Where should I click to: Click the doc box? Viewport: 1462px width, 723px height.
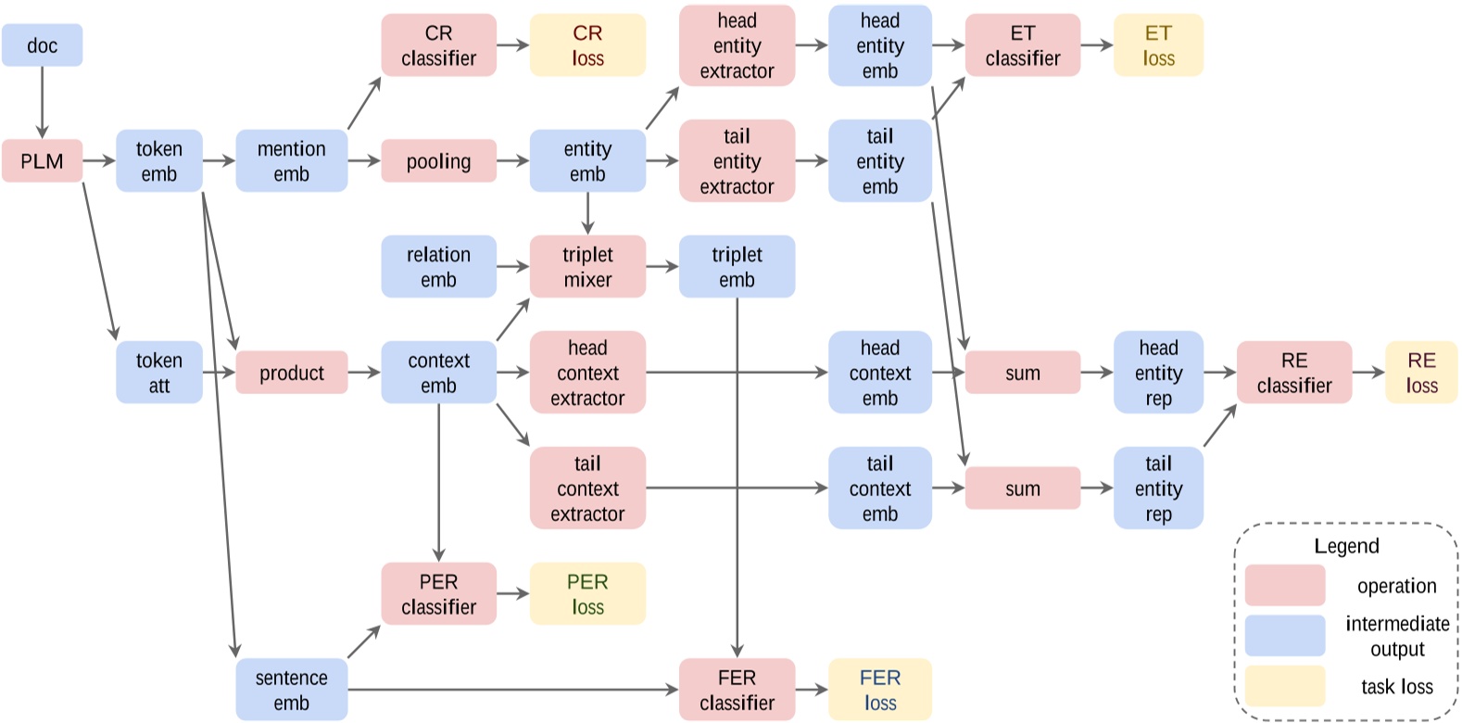click(x=42, y=45)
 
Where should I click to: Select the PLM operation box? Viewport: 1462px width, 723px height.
click(x=42, y=161)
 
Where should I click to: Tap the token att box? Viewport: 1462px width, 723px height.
click(x=158, y=373)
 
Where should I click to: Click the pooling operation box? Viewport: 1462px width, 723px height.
click(x=438, y=161)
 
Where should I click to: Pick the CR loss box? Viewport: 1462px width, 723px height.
click(x=587, y=45)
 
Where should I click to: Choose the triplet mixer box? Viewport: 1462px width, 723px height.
click(x=587, y=267)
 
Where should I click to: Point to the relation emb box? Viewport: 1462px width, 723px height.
click(x=438, y=267)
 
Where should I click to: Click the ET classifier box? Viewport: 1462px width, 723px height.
click(x=1022, y=45)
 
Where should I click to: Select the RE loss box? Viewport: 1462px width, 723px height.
click(x=1421, y=373)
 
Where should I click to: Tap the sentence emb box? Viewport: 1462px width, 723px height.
click(x=291, y=690)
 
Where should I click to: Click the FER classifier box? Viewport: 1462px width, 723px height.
click(x=737, y=690)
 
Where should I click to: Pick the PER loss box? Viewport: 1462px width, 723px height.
click(x=587, y=594)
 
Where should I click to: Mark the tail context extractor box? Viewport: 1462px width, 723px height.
click(x=587, y=488)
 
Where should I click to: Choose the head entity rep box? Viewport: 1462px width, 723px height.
click(x=1158, y=373)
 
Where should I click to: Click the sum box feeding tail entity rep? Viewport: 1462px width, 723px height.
click(x=1022, y=488)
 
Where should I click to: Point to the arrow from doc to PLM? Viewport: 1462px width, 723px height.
click(x=42, y=102)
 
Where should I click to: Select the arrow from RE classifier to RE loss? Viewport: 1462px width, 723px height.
click(x=1368, y=373)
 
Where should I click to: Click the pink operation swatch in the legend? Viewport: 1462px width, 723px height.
click(x=1284, y=586)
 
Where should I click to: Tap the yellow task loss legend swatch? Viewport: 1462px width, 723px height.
click(x=1284, y=686)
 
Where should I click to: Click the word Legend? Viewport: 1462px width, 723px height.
click(x=1346, y=546)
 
